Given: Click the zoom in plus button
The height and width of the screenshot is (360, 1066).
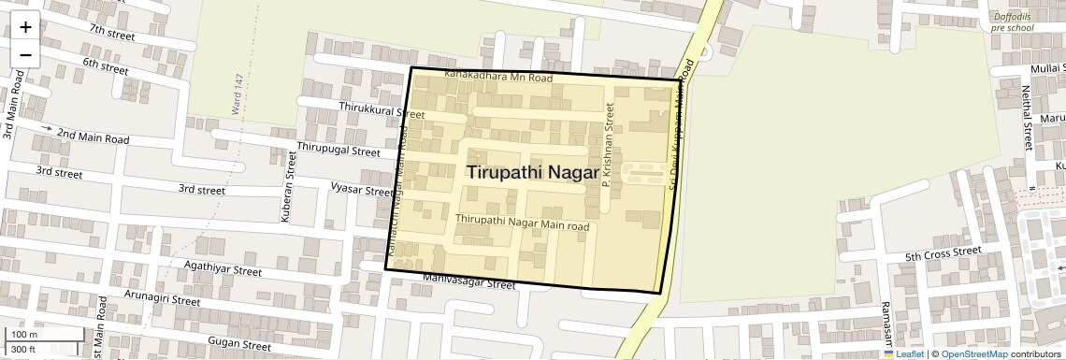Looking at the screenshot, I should tap(25, 27).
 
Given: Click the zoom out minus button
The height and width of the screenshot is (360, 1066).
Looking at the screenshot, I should tap(25, 54).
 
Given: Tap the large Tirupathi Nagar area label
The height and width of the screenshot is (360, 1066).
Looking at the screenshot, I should tap(532, 173).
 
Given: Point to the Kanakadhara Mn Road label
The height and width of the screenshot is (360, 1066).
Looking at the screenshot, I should tap(498, 77).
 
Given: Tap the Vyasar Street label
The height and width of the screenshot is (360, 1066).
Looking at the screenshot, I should tap(362, 189).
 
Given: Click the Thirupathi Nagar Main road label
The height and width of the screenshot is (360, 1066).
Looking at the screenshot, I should tap(522, 223).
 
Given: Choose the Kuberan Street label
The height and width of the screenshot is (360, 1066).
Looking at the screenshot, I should tap(288, 194).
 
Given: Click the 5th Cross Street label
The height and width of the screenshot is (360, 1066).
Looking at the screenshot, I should tap(943, 254).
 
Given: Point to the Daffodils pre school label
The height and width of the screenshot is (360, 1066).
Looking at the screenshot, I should tap(1013, 22).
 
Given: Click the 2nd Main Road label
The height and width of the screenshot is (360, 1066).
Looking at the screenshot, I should tap(93, 136).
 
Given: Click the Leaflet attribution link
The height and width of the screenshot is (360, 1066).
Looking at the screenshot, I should tap(903, 353).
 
